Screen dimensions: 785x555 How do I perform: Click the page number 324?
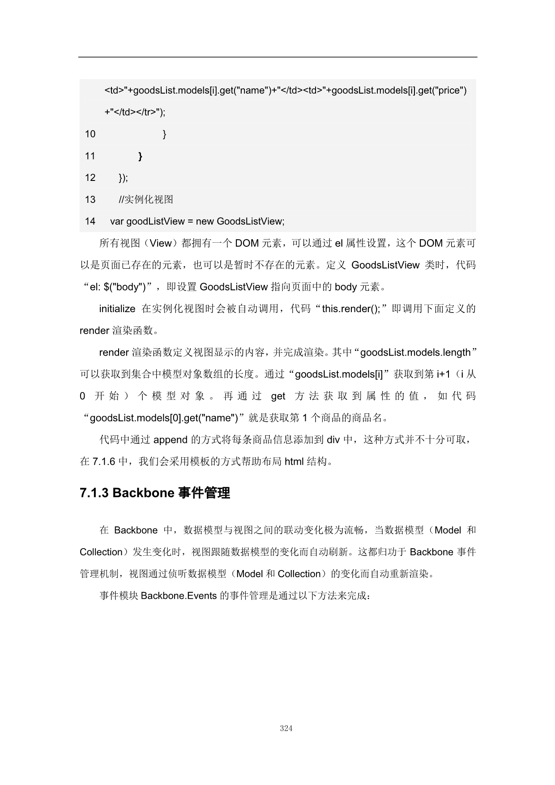point(286,728)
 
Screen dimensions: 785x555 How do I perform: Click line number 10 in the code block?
point(90,134)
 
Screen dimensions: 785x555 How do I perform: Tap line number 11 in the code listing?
point(90,156)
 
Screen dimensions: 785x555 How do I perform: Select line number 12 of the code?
point(90,178)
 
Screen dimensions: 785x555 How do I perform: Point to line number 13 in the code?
point(90,200)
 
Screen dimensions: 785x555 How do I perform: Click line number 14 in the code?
point(90,221)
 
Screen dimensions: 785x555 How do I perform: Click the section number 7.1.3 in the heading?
point(94,493)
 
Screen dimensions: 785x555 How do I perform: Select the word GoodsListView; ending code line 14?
point(251,221)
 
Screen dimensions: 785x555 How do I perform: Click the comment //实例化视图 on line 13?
point(146,200)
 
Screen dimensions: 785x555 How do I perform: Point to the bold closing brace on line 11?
point(141,156)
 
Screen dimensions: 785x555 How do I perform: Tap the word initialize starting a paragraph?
point(117,309)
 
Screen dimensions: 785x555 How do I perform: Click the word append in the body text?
point(170,440)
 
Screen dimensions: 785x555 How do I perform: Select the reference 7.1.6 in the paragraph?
point(104,461)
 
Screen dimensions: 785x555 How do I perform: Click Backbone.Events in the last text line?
point(179,596)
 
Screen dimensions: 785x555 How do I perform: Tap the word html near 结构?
point(294,461)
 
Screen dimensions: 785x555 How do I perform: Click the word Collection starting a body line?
point(101,552)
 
